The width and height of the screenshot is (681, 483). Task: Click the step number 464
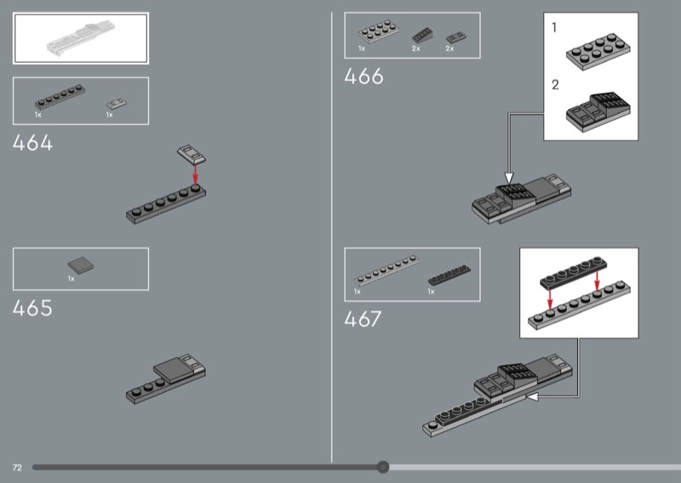[x=32, y=143]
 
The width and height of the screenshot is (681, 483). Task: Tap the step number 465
[x=32, y=308]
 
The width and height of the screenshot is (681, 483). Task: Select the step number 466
[x=364, y=77]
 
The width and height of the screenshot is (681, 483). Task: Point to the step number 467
[x=363, y=319]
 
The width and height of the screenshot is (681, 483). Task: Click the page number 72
[x=17, y=468]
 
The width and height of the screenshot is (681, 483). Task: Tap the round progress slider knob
[x=382, y=467]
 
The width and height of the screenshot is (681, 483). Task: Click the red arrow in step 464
[x=195, y=175]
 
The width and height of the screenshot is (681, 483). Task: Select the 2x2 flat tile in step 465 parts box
[x=81, y=265]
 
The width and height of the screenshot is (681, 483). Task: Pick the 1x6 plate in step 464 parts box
[x=60, y=96]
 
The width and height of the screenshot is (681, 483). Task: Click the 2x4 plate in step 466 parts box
[x=379, y=31]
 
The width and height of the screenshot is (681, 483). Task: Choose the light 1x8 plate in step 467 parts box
[x=386, y=270]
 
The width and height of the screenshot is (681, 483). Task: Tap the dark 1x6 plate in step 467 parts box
[x=449, y=276]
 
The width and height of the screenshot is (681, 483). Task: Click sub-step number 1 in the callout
[x=554, y=28]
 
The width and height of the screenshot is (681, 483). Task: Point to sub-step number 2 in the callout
[x=555, y=85]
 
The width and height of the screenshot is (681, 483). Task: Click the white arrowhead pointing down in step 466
[x=509, y=178]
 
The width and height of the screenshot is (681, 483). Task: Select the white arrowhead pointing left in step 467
[x=532, y=396]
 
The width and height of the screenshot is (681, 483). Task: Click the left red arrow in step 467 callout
[x=550, y=298]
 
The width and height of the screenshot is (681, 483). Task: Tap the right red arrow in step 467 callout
[x=597, y=281]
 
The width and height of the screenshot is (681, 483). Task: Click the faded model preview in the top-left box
[x=81, y=38]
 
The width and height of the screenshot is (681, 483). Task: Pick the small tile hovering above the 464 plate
[x=192, y=154]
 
